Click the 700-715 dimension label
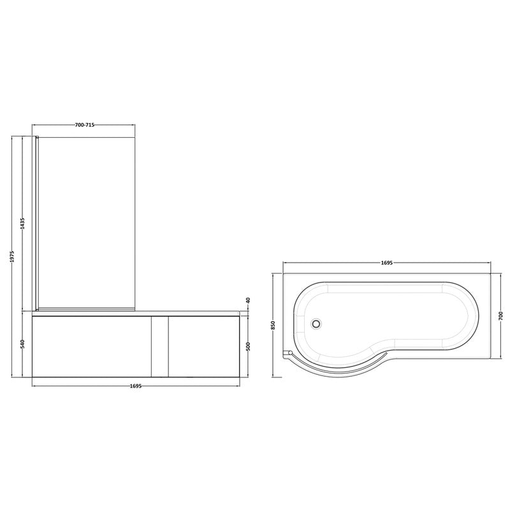coord(85,125)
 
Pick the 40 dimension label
coord(249,301)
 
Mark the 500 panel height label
coord(249,346)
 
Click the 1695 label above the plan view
coord(387,262)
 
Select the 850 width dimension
coord(273,325)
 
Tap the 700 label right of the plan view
coord(501,316)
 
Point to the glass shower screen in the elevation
coord(86,223)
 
